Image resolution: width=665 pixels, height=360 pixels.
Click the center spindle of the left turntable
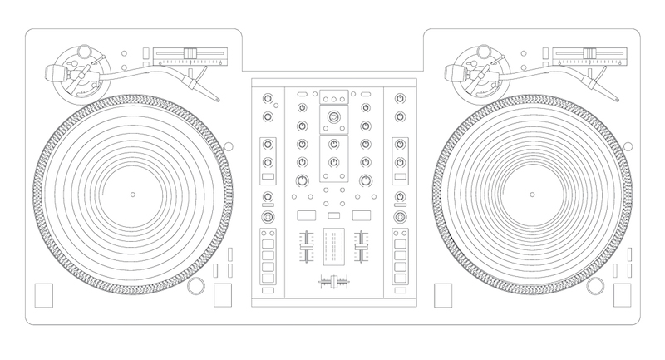[133, 194]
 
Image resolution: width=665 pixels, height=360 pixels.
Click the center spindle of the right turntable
[532, 194]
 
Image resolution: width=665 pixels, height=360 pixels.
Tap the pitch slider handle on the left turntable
[190, 54]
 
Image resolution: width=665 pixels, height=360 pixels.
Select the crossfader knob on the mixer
[336, 283]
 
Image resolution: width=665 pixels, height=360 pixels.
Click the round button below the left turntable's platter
[195, 286]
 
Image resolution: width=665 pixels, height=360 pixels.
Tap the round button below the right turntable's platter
[594, 286]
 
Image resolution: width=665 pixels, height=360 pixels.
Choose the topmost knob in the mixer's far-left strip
[268, 99]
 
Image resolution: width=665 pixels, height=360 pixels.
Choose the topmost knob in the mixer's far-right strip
[399, 99]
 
